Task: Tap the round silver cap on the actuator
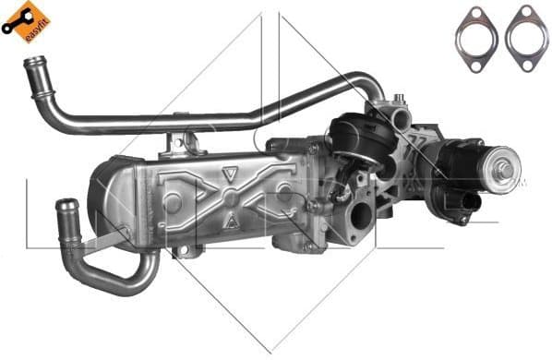pyautogui.click(x=503, y=170)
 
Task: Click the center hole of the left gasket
pyautogui.click(x=476, y=34)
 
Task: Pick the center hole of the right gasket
pyautogui.click(x=526, y=34)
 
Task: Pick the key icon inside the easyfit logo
pyautogui.click(x=17, y=26)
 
